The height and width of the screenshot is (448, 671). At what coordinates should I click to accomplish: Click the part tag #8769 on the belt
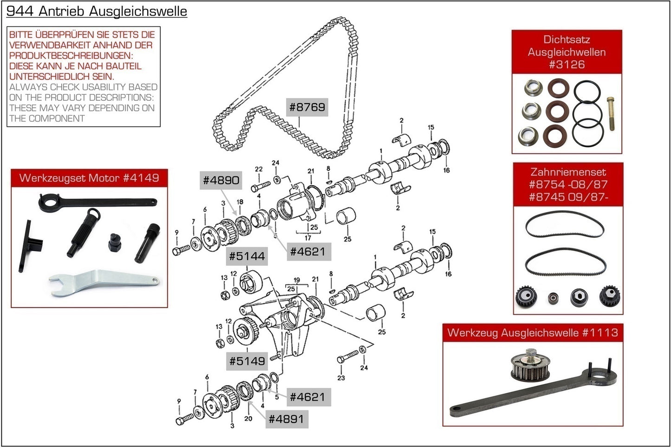(x=307, y=107)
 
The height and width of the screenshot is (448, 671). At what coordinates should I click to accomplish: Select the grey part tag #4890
(x=221, y=180)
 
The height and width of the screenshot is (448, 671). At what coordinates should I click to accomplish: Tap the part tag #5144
(x=247, y=256)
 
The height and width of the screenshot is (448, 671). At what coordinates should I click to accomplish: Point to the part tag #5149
(x=247, y=361)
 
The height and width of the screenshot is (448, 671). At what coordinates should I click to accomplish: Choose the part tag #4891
(x=286, y=419)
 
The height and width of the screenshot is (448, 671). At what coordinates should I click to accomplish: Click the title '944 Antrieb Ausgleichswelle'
(x=97, y=11)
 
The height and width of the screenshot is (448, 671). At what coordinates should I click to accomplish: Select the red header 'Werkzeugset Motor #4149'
(x=89, y=178)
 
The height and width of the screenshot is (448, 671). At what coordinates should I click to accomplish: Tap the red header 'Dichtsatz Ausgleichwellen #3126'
(x=567, y=52)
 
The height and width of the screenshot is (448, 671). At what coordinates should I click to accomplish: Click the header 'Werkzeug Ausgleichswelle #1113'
(x=533, y=332)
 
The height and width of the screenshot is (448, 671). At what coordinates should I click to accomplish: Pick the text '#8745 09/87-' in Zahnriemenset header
(x=568, y=197)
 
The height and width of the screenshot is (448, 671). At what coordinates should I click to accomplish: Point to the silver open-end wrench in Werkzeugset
(x=103, y=281)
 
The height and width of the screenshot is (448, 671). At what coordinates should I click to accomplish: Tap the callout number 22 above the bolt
(x=259, y=169)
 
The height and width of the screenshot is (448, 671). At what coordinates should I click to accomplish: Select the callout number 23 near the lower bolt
(x=341, y=378)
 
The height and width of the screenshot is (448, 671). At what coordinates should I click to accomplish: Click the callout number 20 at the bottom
(x=248, y=418)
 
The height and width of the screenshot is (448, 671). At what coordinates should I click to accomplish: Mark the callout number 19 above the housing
(x=297, y=280)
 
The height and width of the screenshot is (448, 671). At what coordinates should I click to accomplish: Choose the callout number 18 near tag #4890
(x=240, y=202)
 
